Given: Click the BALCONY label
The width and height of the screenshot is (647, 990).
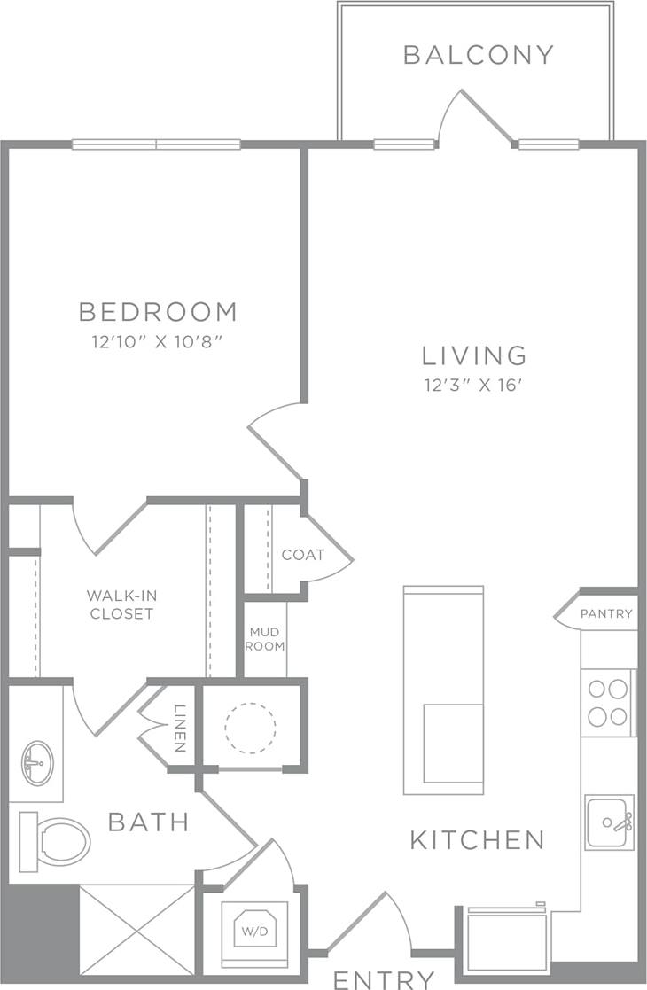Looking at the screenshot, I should pos(478,55).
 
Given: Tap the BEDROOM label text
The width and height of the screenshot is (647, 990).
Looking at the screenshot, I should pos(158,312).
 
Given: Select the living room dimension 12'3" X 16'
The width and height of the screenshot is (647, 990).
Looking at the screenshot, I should pos(474,385).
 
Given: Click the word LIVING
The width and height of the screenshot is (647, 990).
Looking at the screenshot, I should pos(474,355).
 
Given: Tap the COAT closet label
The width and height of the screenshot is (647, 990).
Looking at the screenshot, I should pos(303,556).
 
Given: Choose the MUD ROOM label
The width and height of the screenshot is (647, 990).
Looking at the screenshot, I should pos(266,639).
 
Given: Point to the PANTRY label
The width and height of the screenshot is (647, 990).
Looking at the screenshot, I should pos(606,613).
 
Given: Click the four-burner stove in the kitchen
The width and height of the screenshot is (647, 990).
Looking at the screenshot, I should pos(607,702).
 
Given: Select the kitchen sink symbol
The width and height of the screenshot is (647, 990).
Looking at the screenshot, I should pos(609,822).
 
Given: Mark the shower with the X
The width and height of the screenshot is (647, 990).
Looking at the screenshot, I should pos(136,931).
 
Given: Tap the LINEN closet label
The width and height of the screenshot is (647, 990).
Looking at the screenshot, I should pos(180,729).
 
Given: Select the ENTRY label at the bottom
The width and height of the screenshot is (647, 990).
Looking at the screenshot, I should pos(384,979).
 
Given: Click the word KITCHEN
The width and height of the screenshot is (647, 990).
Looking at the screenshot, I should pos(477,839).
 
